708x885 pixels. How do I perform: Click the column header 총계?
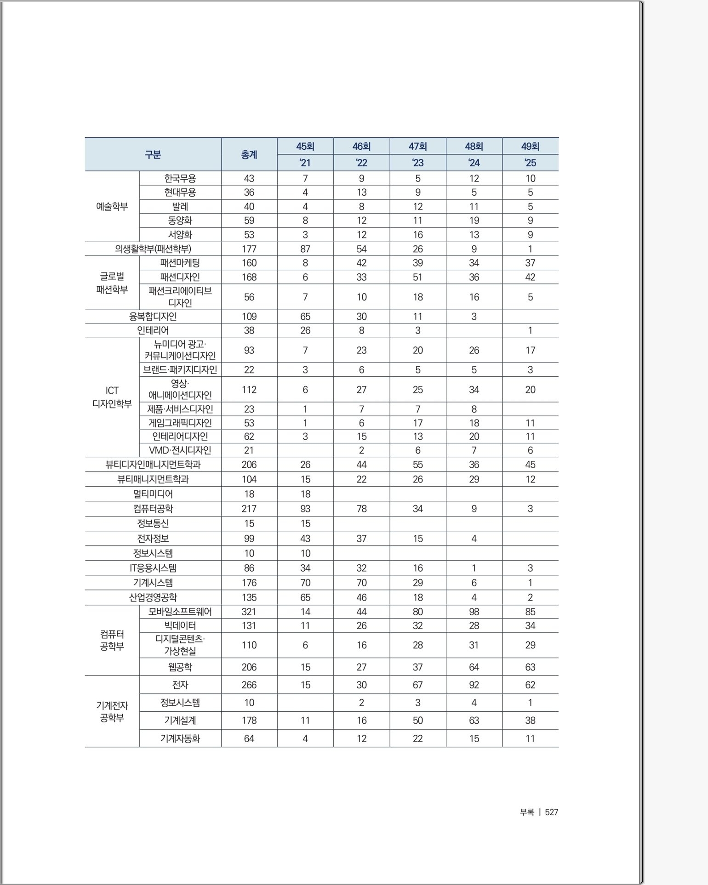pos(249,155)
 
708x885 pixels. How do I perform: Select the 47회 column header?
pos(417,147)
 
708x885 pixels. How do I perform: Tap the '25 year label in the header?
pos(530,163)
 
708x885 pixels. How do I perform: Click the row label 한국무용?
pos(180,178)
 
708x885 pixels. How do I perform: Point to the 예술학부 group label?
pos(112,206)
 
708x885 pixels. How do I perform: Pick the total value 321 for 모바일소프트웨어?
pos(249,612)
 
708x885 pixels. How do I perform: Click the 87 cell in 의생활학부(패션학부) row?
pos(305,249)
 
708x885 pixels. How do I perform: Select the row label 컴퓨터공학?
pos(153,509)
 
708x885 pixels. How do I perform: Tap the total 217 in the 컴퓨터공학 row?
pos(249,509)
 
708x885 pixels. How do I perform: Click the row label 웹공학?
pos(180,667)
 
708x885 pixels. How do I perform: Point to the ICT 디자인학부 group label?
pos(112,397)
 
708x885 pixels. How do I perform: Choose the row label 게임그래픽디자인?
pos(180,423)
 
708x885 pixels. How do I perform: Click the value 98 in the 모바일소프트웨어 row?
pos(474,612)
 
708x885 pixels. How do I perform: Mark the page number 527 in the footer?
pos(551,812)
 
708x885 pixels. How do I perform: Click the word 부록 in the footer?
pos(527,812)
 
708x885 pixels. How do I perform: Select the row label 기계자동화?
pos(180,738)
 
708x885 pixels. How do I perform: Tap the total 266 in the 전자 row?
pos(249,685)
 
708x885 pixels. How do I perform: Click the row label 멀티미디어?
pos(153,494)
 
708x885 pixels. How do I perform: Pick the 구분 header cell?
pos(153,155)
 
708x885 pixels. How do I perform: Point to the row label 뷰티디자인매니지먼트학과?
pos(153,465)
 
